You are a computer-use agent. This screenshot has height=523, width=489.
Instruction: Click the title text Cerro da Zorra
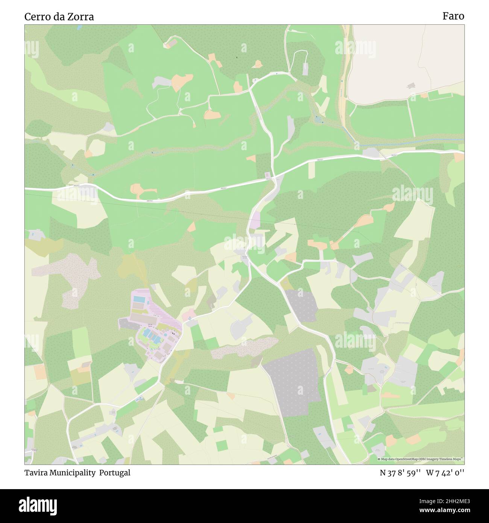tap(59, 17)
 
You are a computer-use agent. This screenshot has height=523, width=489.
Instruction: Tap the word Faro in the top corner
tap(453, 16)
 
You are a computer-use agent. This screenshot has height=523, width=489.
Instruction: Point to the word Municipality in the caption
tap(73, 473)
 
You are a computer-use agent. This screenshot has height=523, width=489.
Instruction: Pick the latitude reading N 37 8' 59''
tap(400, 473)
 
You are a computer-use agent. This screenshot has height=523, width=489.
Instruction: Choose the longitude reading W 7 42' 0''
tap(445, 473)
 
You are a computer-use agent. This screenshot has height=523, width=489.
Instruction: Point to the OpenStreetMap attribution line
tap(421, 459)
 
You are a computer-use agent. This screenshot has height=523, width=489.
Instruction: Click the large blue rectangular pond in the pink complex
tap(139, 299)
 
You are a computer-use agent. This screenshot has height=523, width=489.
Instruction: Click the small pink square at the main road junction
tap(267, 175)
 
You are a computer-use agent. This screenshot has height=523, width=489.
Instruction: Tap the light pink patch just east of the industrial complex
tap(189, 313)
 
